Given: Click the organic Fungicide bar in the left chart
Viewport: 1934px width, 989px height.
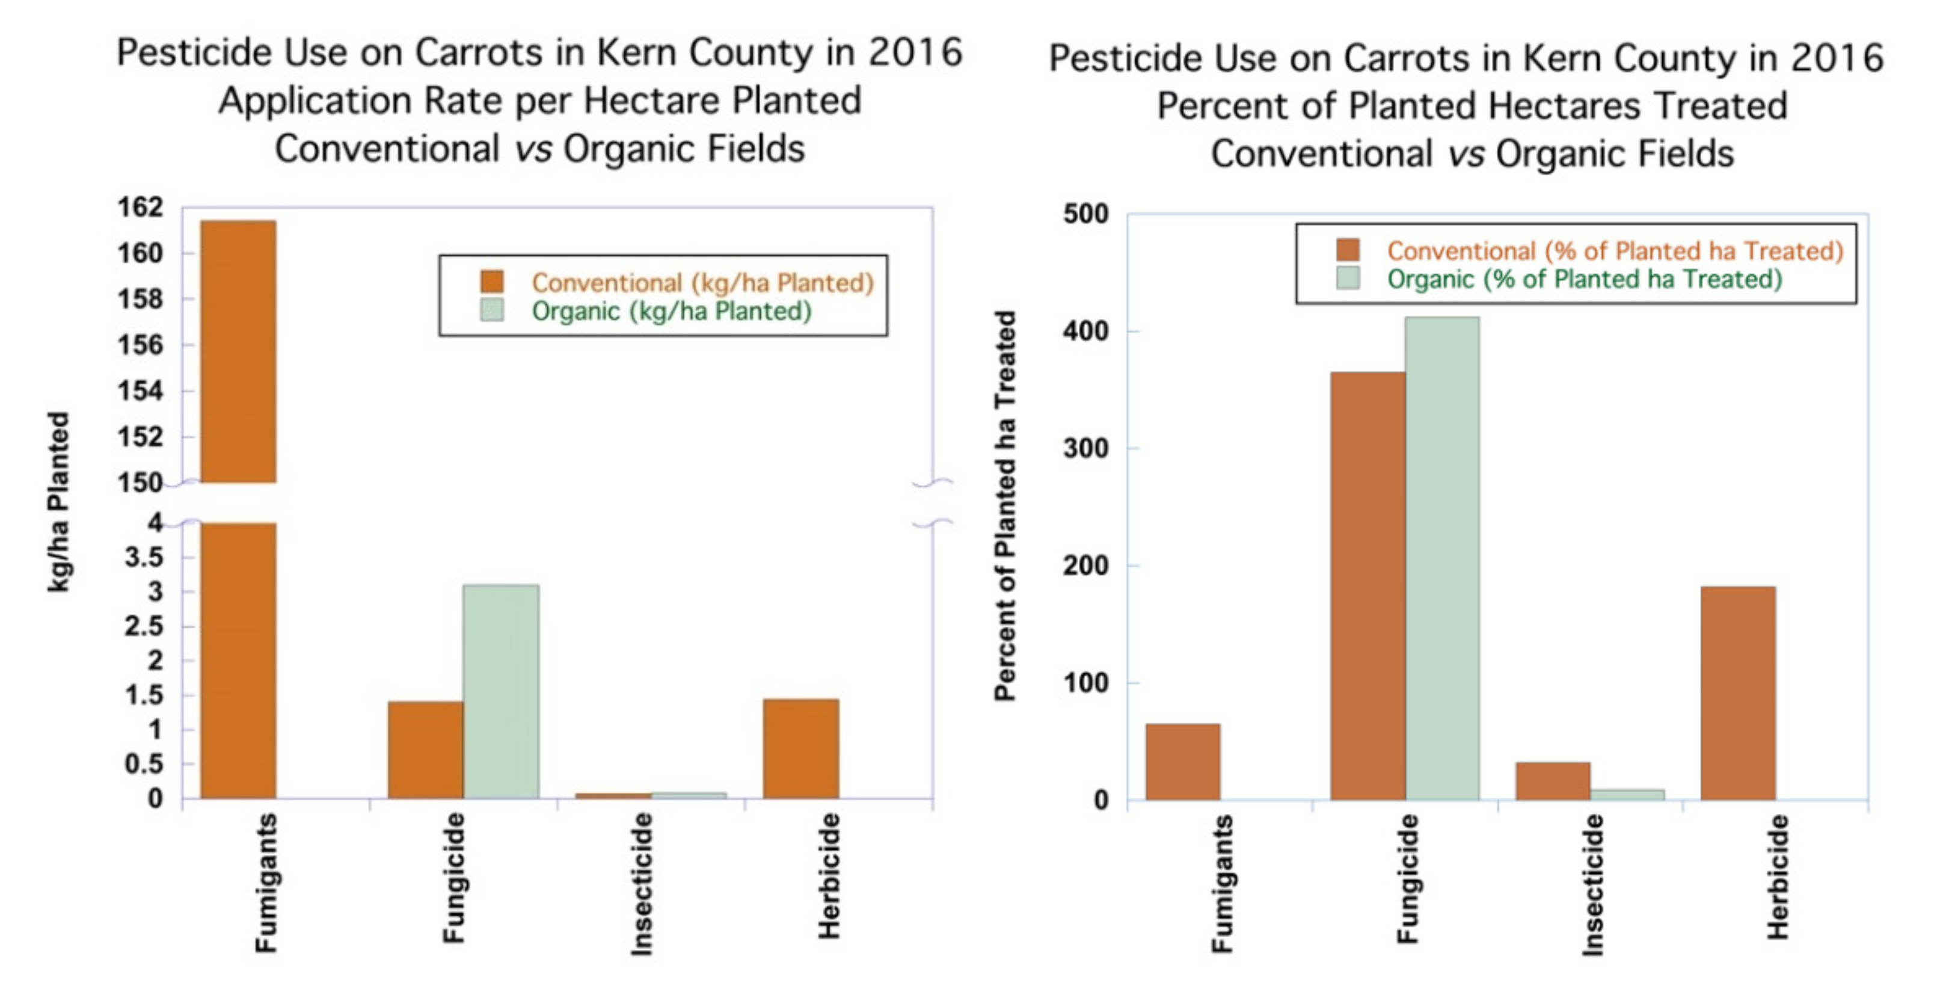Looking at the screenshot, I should (x=501, y=691).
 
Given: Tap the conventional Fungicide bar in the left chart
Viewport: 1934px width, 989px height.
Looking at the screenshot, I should (x=425, y=750).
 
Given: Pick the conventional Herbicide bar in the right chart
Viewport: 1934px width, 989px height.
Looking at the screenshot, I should (x=1738, y=692).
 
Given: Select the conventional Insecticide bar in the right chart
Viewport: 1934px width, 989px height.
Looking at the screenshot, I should (x=1553, y=781).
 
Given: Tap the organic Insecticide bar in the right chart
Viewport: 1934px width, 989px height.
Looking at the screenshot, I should (x=1627, y=795).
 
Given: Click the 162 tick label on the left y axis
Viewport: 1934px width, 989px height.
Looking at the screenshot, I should (x=140, y=208).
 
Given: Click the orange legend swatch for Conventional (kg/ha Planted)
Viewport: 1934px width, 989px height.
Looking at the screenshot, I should (x=492, y=282).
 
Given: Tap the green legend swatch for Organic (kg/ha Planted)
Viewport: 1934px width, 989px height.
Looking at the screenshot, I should (x=492, y=310).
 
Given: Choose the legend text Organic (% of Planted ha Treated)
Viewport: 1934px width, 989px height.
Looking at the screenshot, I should (x=1584, y=279).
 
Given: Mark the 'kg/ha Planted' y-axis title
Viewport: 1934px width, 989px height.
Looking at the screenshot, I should (x=58, y=501).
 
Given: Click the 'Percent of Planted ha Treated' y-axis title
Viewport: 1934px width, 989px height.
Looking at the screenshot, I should (x=1004, y=505).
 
